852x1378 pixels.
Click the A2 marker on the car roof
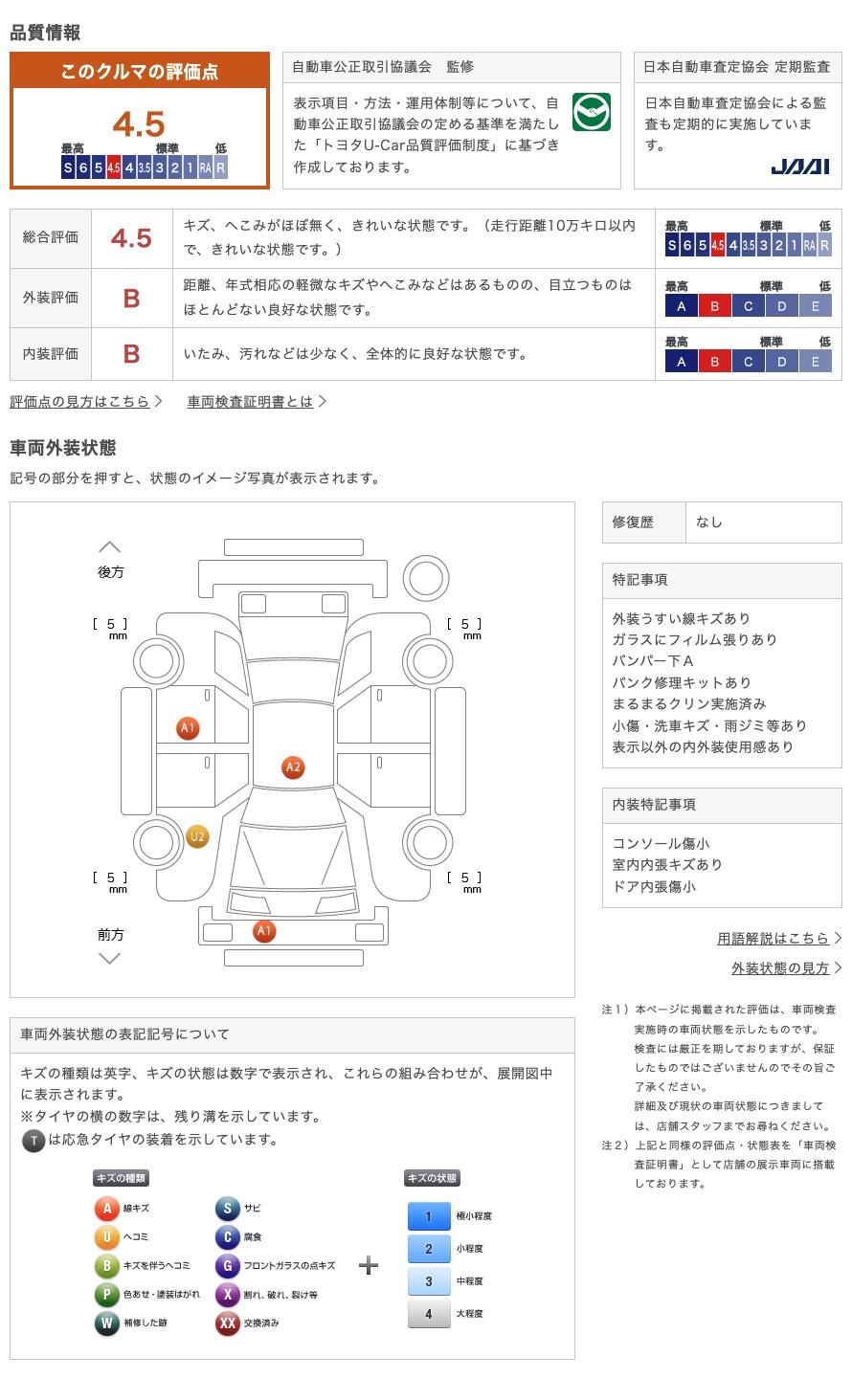tap(293, 767)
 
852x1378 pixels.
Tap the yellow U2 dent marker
tap(197, 837)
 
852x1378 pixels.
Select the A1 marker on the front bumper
tap(264, 930)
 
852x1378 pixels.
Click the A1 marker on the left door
tap(188, 728)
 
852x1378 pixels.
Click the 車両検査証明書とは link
tap(251, 402)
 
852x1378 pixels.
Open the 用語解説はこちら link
tap(773, 939)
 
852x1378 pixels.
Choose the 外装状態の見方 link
tap(780, 968)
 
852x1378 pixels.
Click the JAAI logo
tap(799, 167)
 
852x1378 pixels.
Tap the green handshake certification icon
tap(591, 113)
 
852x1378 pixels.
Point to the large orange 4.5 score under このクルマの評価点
tap(139, 124)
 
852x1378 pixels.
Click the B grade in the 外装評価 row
tap(131, 299)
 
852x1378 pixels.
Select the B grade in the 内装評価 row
tap(131, 354)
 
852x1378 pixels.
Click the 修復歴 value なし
tap(709, 522)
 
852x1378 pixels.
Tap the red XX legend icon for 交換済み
tap(227, 1323)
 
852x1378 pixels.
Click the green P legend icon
tap(106, 1295)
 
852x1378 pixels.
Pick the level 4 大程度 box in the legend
tap(428, 1314)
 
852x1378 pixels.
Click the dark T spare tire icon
tap(34, 1141)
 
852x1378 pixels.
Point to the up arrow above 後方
tap(110, 547)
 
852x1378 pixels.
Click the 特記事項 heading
tap(640, 580)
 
